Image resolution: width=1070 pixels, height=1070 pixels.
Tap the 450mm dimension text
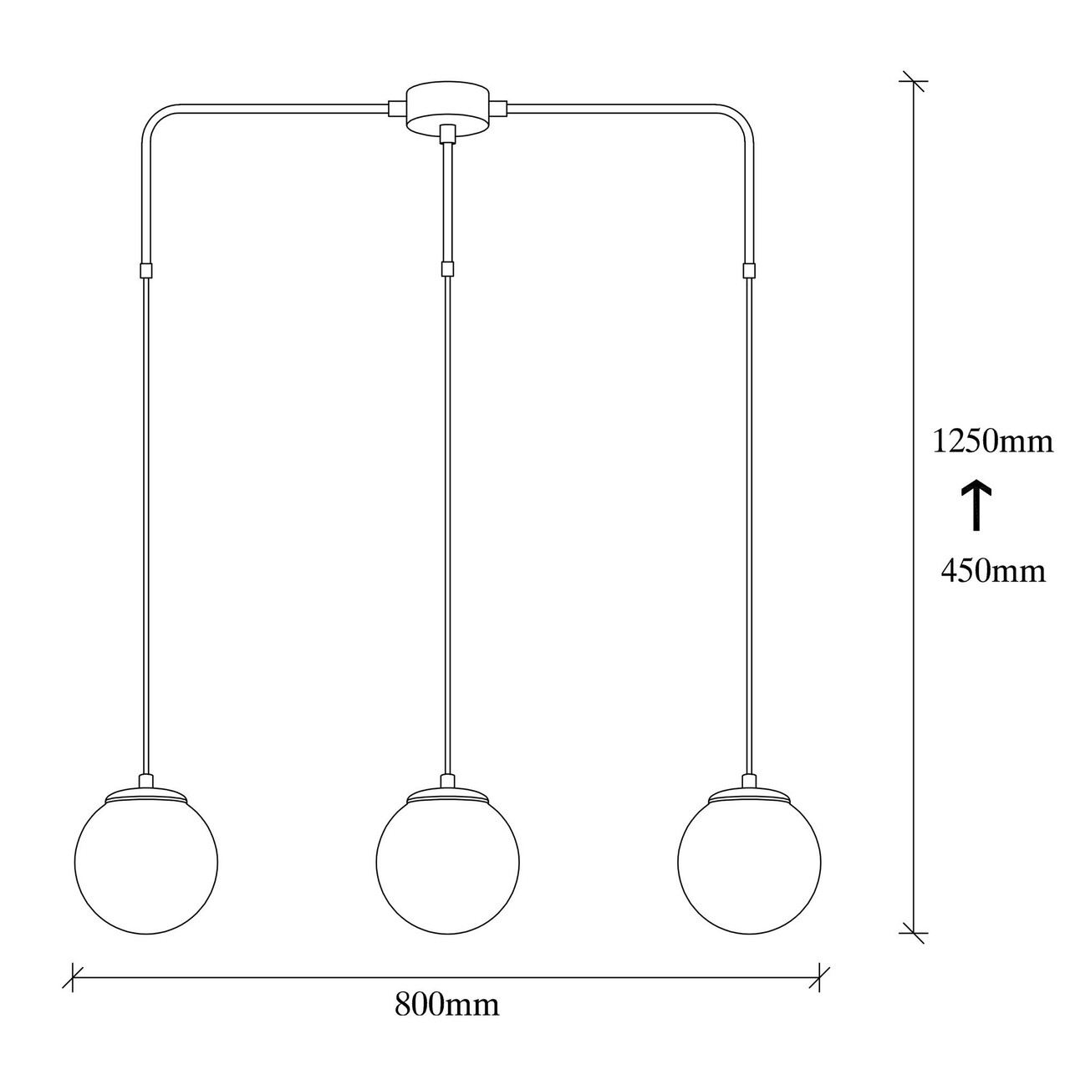pos(993,570)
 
